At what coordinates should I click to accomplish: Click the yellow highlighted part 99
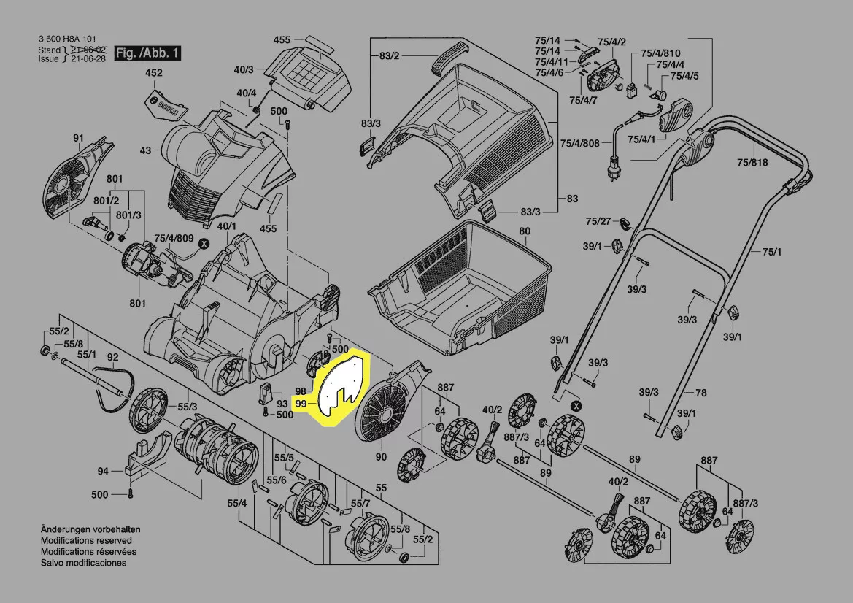341,385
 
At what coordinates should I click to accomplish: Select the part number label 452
154,73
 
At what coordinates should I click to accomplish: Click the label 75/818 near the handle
752,163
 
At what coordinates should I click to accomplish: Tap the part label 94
103,472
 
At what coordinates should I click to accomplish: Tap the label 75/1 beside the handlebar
771,252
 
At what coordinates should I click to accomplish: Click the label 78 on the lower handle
700,393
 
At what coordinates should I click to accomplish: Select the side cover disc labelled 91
72,181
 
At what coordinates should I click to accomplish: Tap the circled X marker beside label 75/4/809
204,241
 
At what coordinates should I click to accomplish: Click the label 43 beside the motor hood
145,150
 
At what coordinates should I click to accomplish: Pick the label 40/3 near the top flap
243,69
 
